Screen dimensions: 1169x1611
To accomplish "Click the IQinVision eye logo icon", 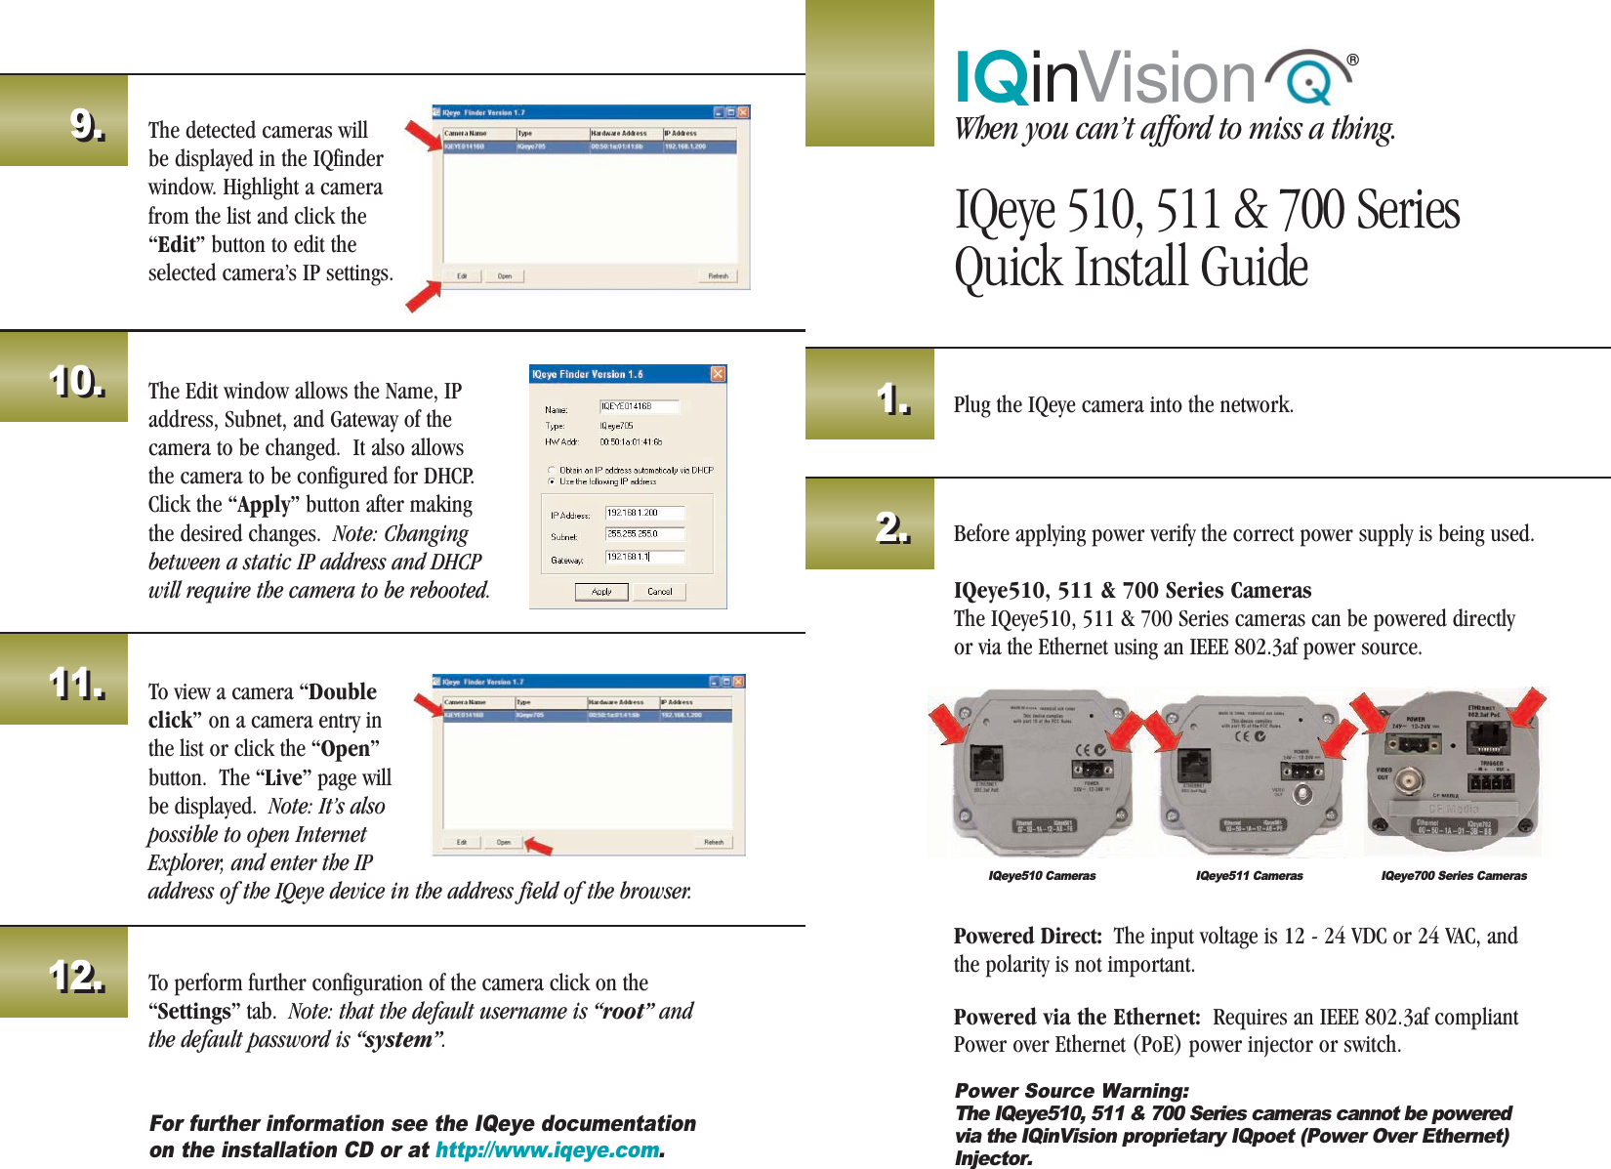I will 1308,78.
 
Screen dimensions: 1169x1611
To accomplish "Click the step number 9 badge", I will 87,125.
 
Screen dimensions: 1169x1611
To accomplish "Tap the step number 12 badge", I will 77,976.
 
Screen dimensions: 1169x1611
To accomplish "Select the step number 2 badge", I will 892,527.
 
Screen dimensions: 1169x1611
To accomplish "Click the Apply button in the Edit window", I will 601,592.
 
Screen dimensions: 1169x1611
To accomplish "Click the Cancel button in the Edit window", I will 660,592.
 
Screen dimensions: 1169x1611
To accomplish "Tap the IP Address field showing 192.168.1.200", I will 644,513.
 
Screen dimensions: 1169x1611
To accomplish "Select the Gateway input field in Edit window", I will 644,557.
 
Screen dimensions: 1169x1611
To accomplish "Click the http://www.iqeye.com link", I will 547,1150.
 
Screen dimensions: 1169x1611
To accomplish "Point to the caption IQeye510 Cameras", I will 1042,876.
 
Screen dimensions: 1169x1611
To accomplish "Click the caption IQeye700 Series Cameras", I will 1453,876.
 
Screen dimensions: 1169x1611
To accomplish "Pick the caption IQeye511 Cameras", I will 1249,876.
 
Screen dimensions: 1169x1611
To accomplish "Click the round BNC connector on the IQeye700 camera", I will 1410,780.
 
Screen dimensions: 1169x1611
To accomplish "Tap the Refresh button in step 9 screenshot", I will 718,276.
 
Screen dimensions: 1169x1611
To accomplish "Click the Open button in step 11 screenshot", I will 503,842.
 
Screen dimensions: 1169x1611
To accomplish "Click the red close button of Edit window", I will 718,374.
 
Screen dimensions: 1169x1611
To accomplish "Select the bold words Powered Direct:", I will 1027,937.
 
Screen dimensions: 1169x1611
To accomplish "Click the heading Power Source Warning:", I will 1071,1091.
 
